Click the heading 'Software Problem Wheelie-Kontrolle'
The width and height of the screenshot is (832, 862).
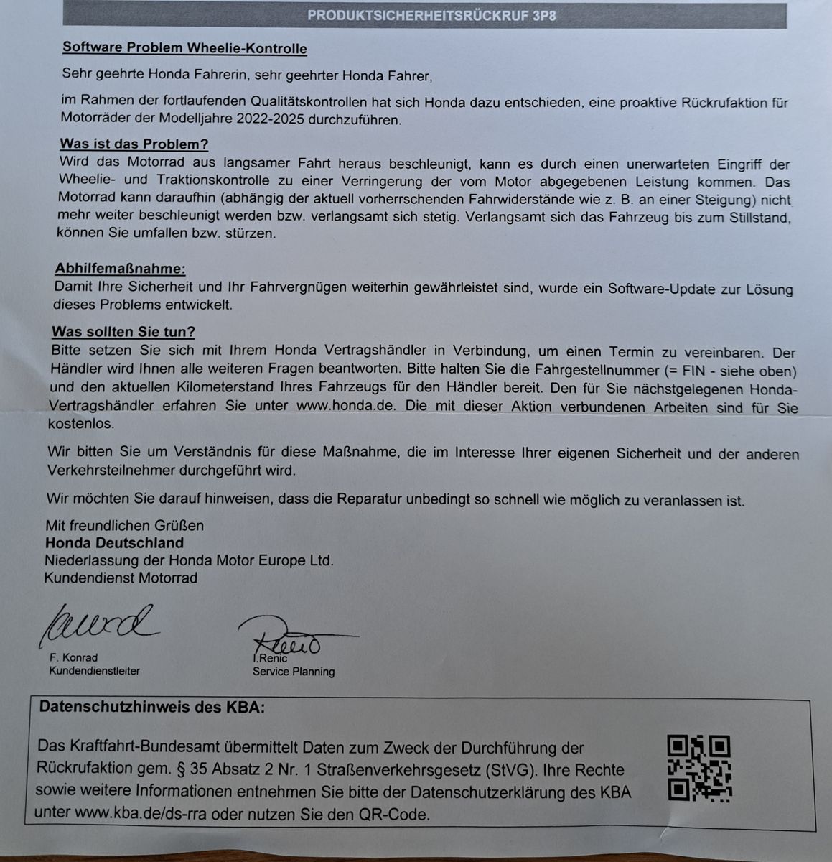(x=184, y=48)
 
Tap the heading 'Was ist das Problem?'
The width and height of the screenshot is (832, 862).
(x=134, y=144)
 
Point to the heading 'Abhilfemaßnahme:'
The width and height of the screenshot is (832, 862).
(x=120, y=269)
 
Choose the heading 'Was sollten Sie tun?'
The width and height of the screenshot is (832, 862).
(x=123, y=332)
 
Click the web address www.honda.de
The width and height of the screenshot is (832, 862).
(x=346, y=406)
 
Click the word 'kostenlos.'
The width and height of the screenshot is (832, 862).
(x=80, y=424)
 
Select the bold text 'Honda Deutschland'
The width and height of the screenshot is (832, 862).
(x=114, y=543)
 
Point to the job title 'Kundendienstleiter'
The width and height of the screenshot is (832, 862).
(x=94, y=671)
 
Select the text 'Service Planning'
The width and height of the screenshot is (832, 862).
(x=293, y=672)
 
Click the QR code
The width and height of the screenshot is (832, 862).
(x=698, y=769)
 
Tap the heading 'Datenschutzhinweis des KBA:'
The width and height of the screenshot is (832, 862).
(x=151, y=707)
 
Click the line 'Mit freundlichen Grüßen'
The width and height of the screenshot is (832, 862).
(x=124, y=526)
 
